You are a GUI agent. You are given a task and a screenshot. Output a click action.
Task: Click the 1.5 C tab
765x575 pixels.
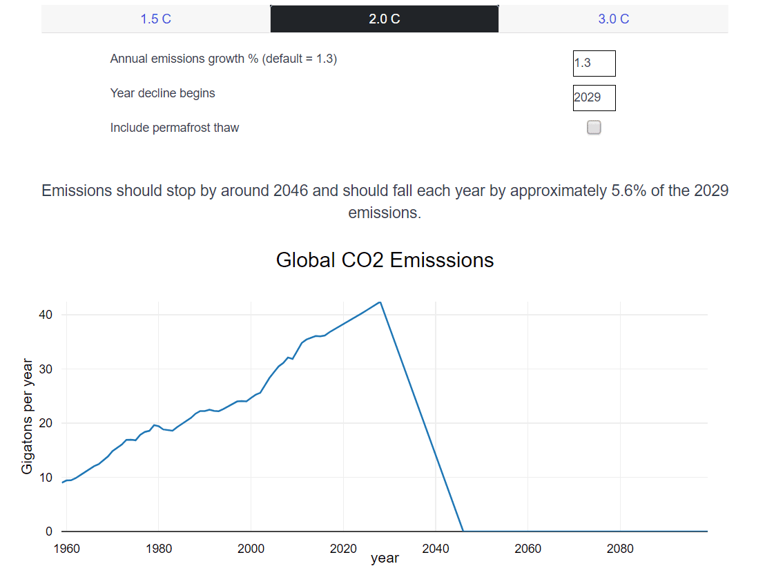[x=155, y=19]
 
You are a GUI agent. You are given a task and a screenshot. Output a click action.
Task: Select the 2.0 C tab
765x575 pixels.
[x=384, y=19]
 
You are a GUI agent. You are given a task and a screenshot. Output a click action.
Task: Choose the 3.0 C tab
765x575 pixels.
[x=613, y=19]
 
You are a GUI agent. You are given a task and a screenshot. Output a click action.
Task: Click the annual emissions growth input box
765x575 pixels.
[x=594, y=64]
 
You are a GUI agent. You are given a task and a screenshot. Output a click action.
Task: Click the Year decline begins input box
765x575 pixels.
[x=594, y=97]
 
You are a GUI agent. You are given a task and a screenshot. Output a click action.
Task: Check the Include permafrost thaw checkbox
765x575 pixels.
[x=594, y=127]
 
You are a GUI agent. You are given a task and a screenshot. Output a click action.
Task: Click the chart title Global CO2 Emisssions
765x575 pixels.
[x=385, y=260]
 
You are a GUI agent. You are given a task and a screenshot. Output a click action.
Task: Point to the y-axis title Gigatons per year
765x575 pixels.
[x=27, y=416]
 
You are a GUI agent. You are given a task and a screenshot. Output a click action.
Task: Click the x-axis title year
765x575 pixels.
[x=385, y=558]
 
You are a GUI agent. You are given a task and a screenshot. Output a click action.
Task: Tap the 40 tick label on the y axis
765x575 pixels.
[x=46, y=315]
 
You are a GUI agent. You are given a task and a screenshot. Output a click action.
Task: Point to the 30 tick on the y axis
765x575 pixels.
[x=46, y=369]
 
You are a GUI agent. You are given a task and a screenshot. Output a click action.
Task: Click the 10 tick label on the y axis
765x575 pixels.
[x=46, y=478]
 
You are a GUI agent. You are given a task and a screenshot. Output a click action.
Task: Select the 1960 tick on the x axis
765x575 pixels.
[x=67, y=549]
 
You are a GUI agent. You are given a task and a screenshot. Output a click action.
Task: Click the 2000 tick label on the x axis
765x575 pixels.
[x=251, y=549]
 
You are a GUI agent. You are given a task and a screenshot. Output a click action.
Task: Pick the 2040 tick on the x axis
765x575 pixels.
[x=436, y=549]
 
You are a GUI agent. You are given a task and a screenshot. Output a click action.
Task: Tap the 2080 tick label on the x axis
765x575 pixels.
[x=620, y=549]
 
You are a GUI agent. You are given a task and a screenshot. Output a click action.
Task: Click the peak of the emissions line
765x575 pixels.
[x=380, y=302]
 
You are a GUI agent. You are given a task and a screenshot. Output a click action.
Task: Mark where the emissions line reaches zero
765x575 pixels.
[x=463, y=531]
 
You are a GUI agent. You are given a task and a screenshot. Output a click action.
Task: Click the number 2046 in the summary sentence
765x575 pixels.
[x=291, y=191]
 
